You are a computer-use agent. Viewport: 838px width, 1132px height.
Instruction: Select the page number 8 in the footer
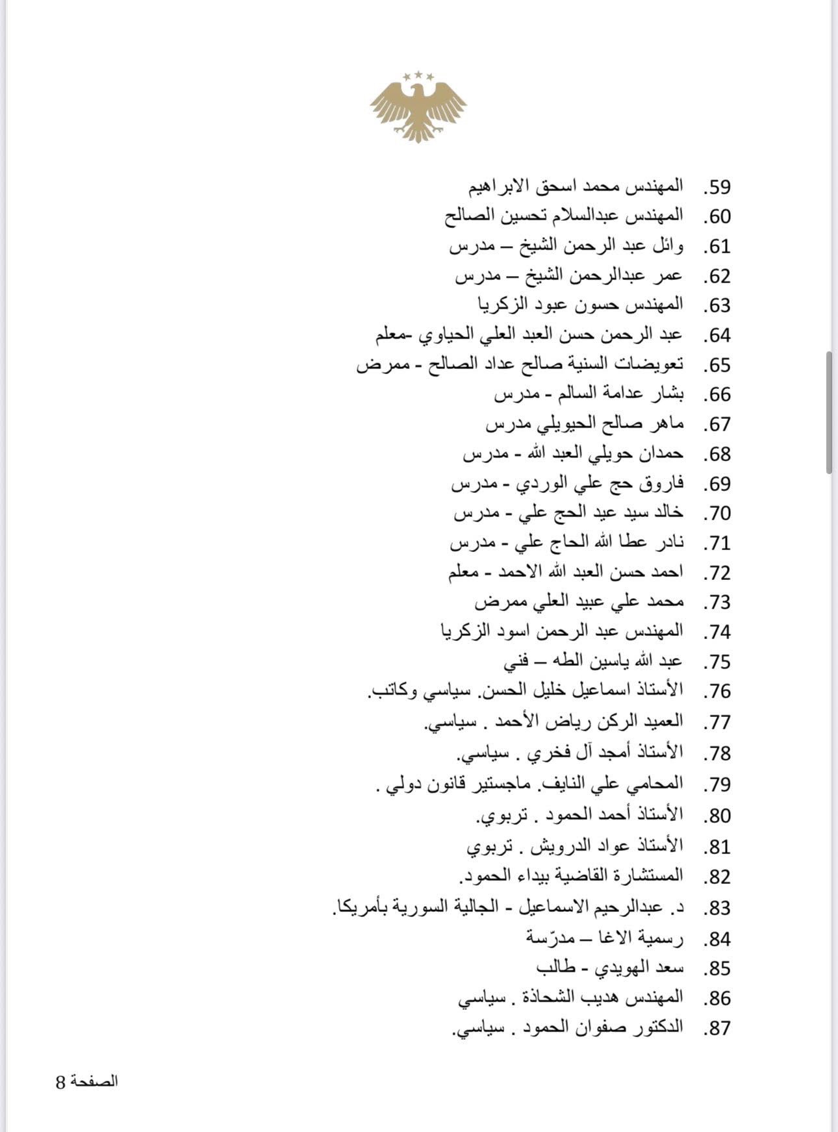pyautogui.click(x=60, y=1082)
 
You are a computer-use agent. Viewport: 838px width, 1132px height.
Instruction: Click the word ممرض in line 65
pyautogui.click(x=377, y=365)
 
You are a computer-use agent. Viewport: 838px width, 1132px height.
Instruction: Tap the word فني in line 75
pyautogui.click(x=516, y=662)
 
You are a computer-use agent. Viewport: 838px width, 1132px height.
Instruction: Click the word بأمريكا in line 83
pyautogui.click(x=357, y=907)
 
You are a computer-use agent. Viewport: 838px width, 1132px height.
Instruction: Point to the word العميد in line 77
pyautogui.click(x=661, y=722)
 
